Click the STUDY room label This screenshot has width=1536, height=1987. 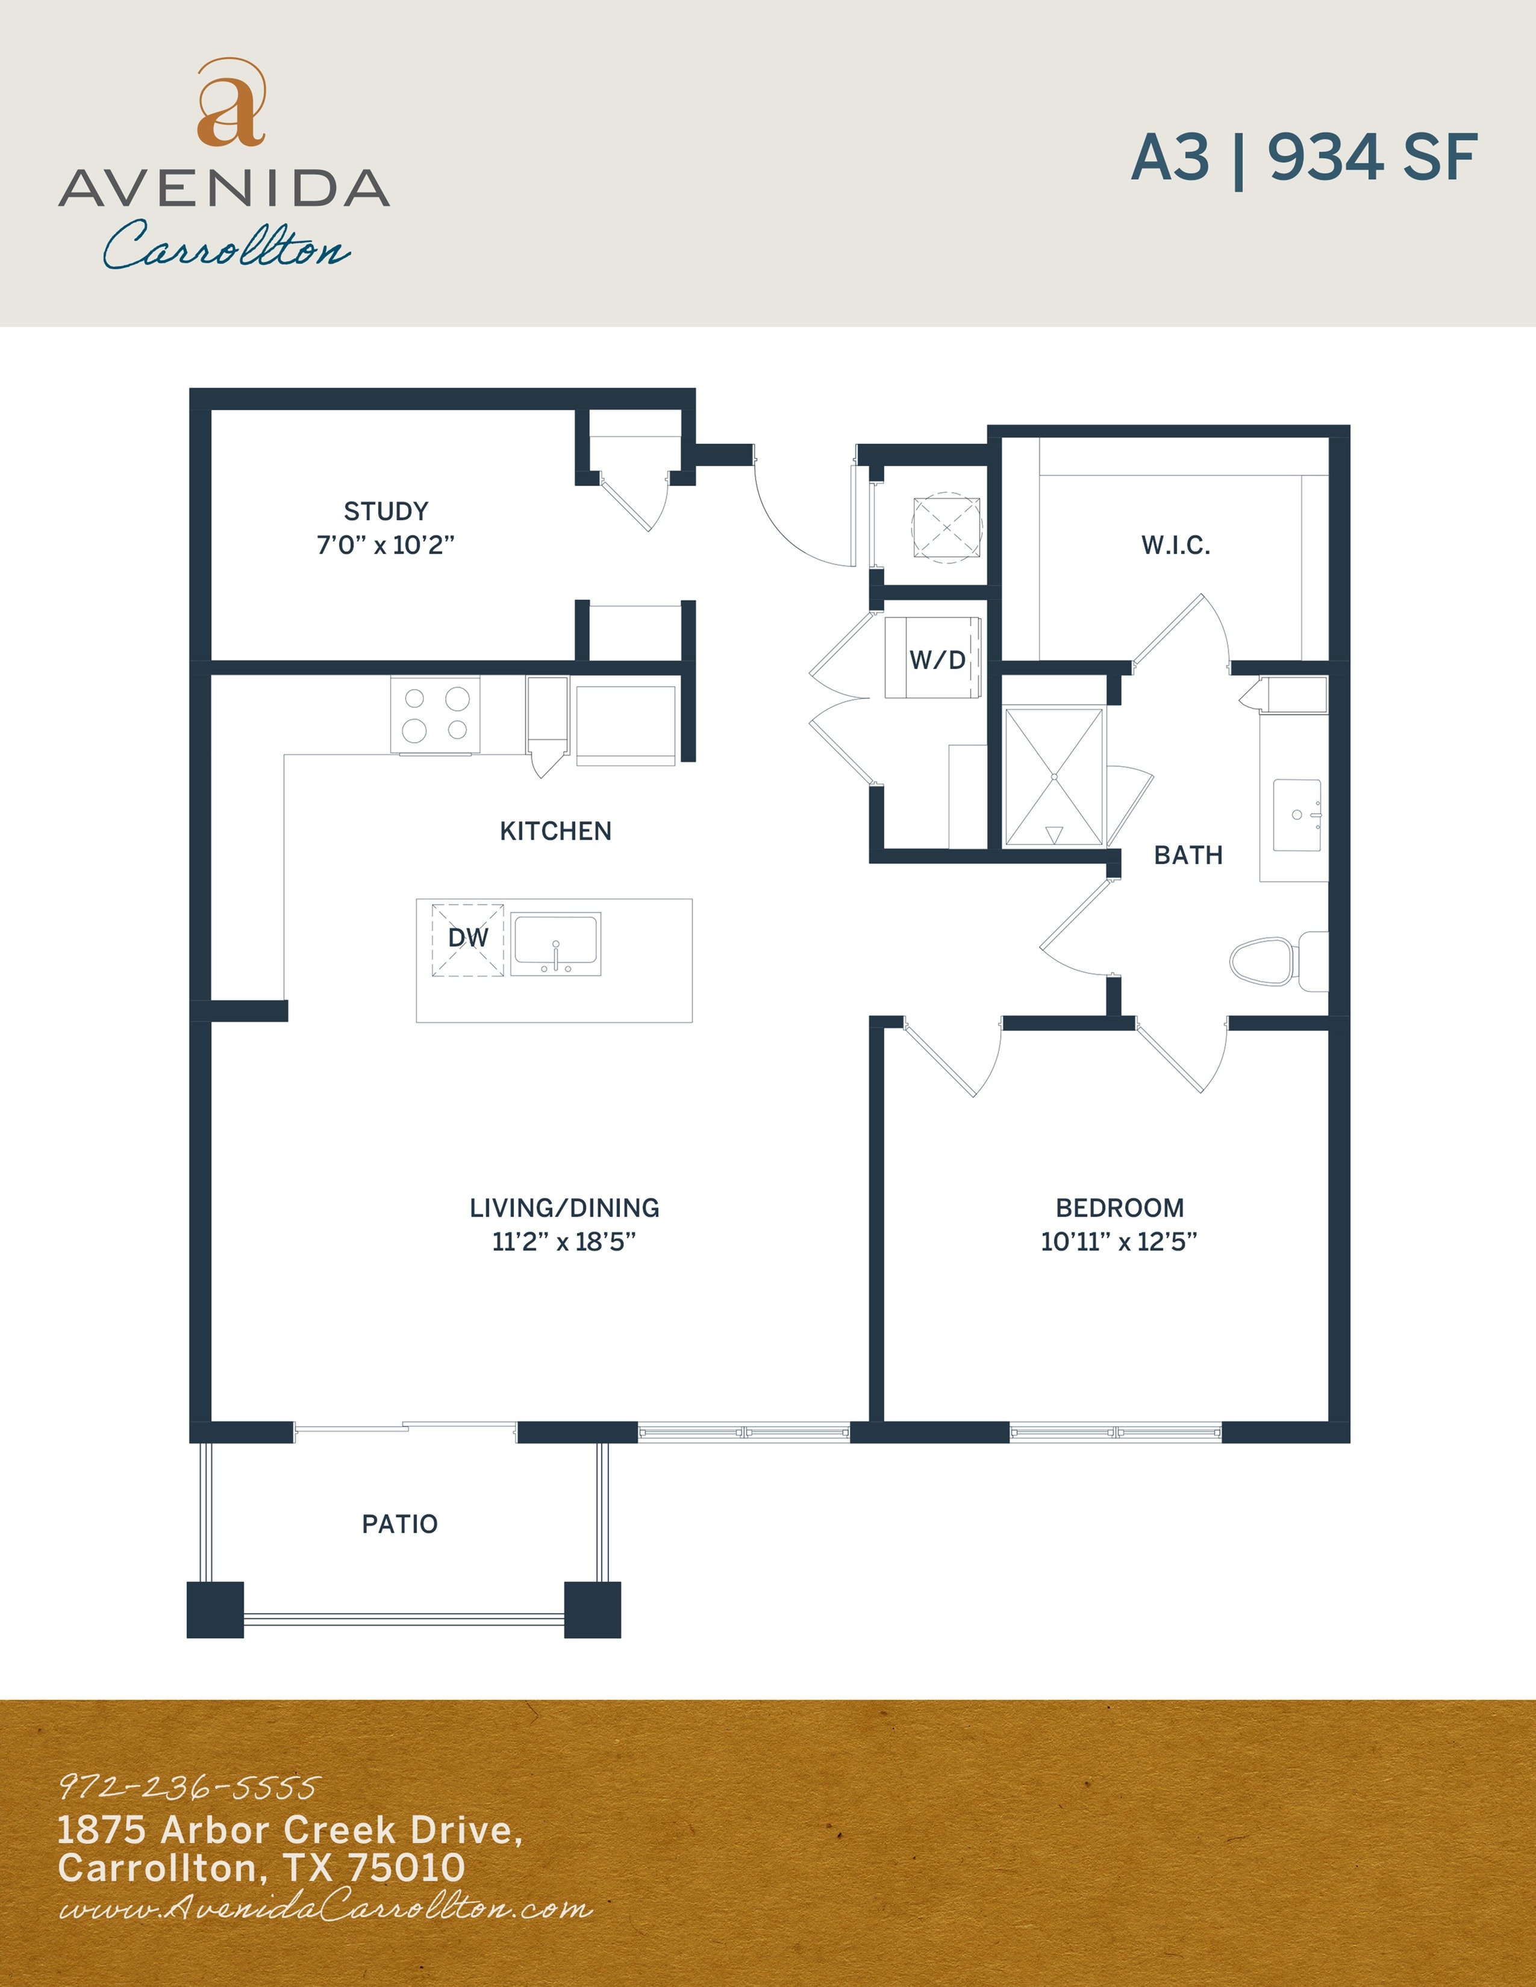(386, 511)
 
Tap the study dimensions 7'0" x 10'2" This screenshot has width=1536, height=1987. (386, 545)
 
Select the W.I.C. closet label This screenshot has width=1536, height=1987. (1176, 546)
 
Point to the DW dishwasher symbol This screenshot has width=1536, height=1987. (467, 939)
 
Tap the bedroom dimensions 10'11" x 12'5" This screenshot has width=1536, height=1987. (1119, 1242)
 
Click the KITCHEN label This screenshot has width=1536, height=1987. (555, 831)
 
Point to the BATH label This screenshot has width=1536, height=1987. (1187, 855)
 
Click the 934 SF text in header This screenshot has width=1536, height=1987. (1373, 157)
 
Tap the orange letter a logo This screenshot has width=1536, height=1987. (231, 105)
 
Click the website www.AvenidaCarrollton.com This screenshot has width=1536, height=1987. (325, 1908)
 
